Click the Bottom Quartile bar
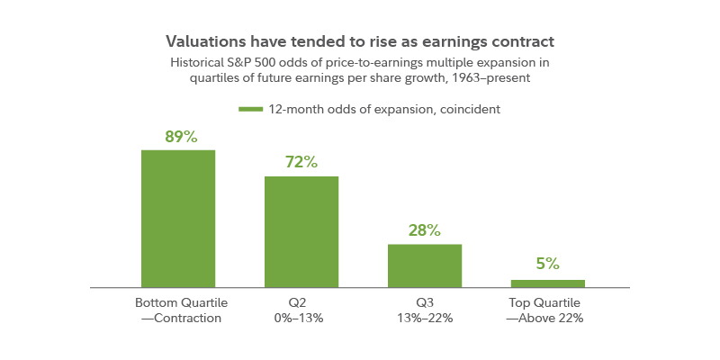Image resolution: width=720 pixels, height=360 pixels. click(178, 218)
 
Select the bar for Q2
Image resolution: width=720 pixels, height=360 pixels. click(301, 231)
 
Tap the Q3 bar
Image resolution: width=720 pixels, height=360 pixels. click(425, 265)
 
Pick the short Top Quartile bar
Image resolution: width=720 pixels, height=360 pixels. click(547, 283)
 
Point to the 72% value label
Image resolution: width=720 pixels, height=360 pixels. click(301, 163)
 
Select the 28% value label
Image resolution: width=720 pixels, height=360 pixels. click(424, 230)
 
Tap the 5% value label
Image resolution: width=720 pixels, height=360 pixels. click(547, 264)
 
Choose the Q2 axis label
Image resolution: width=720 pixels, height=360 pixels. click(301, 302)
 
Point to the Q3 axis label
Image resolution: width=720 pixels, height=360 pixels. click(424, 302)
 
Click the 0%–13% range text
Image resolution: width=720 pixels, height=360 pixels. click(301, 319)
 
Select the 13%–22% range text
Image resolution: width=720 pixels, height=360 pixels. click(424, 319)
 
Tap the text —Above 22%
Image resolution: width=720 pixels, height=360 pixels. click(547, 319)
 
